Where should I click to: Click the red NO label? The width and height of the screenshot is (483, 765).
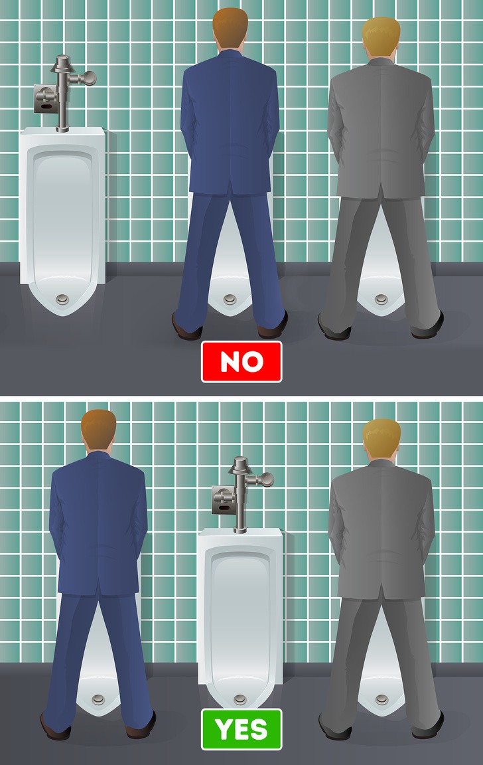coord(241,361)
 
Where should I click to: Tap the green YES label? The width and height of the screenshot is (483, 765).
coord(241,729)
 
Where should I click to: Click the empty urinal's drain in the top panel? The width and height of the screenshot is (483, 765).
coord(62,299)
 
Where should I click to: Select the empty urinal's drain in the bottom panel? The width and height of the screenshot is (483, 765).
coord(240,700)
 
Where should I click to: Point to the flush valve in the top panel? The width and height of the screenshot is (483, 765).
coord(66,93)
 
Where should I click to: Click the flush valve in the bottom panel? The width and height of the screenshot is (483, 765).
coord(243,494)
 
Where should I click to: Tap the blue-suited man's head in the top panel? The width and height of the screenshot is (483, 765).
coord(230,29)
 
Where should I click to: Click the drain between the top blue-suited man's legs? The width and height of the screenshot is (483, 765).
coord(230,299)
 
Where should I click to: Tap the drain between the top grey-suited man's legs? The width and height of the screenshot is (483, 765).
coord(381,299)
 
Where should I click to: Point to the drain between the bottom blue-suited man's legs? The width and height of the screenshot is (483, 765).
coord(98,700)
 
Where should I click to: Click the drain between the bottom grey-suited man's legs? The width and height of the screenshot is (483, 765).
coord(381,700)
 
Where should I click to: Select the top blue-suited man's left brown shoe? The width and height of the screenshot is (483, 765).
coord(186,328)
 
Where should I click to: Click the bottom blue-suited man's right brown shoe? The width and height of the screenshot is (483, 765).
coord(141,727)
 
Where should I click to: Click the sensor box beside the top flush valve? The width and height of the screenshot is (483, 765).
coord(45,99)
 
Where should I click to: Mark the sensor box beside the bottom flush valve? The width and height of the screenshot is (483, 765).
coord(224,501)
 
